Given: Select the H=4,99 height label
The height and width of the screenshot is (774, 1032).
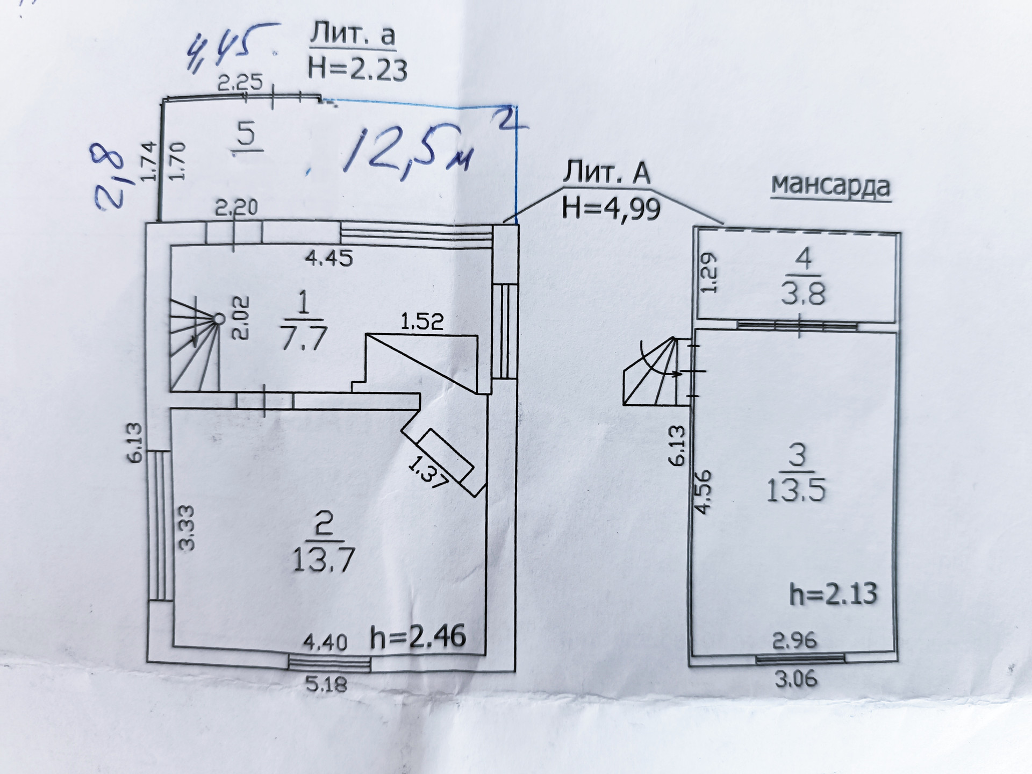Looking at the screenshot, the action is [x=611, y=207].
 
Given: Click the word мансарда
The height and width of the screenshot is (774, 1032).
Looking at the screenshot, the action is [x=831, y=186].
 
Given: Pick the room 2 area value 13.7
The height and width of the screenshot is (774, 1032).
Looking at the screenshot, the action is [x=323, y=561].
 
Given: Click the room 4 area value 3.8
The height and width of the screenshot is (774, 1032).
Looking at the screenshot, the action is [x=804, y=293].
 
